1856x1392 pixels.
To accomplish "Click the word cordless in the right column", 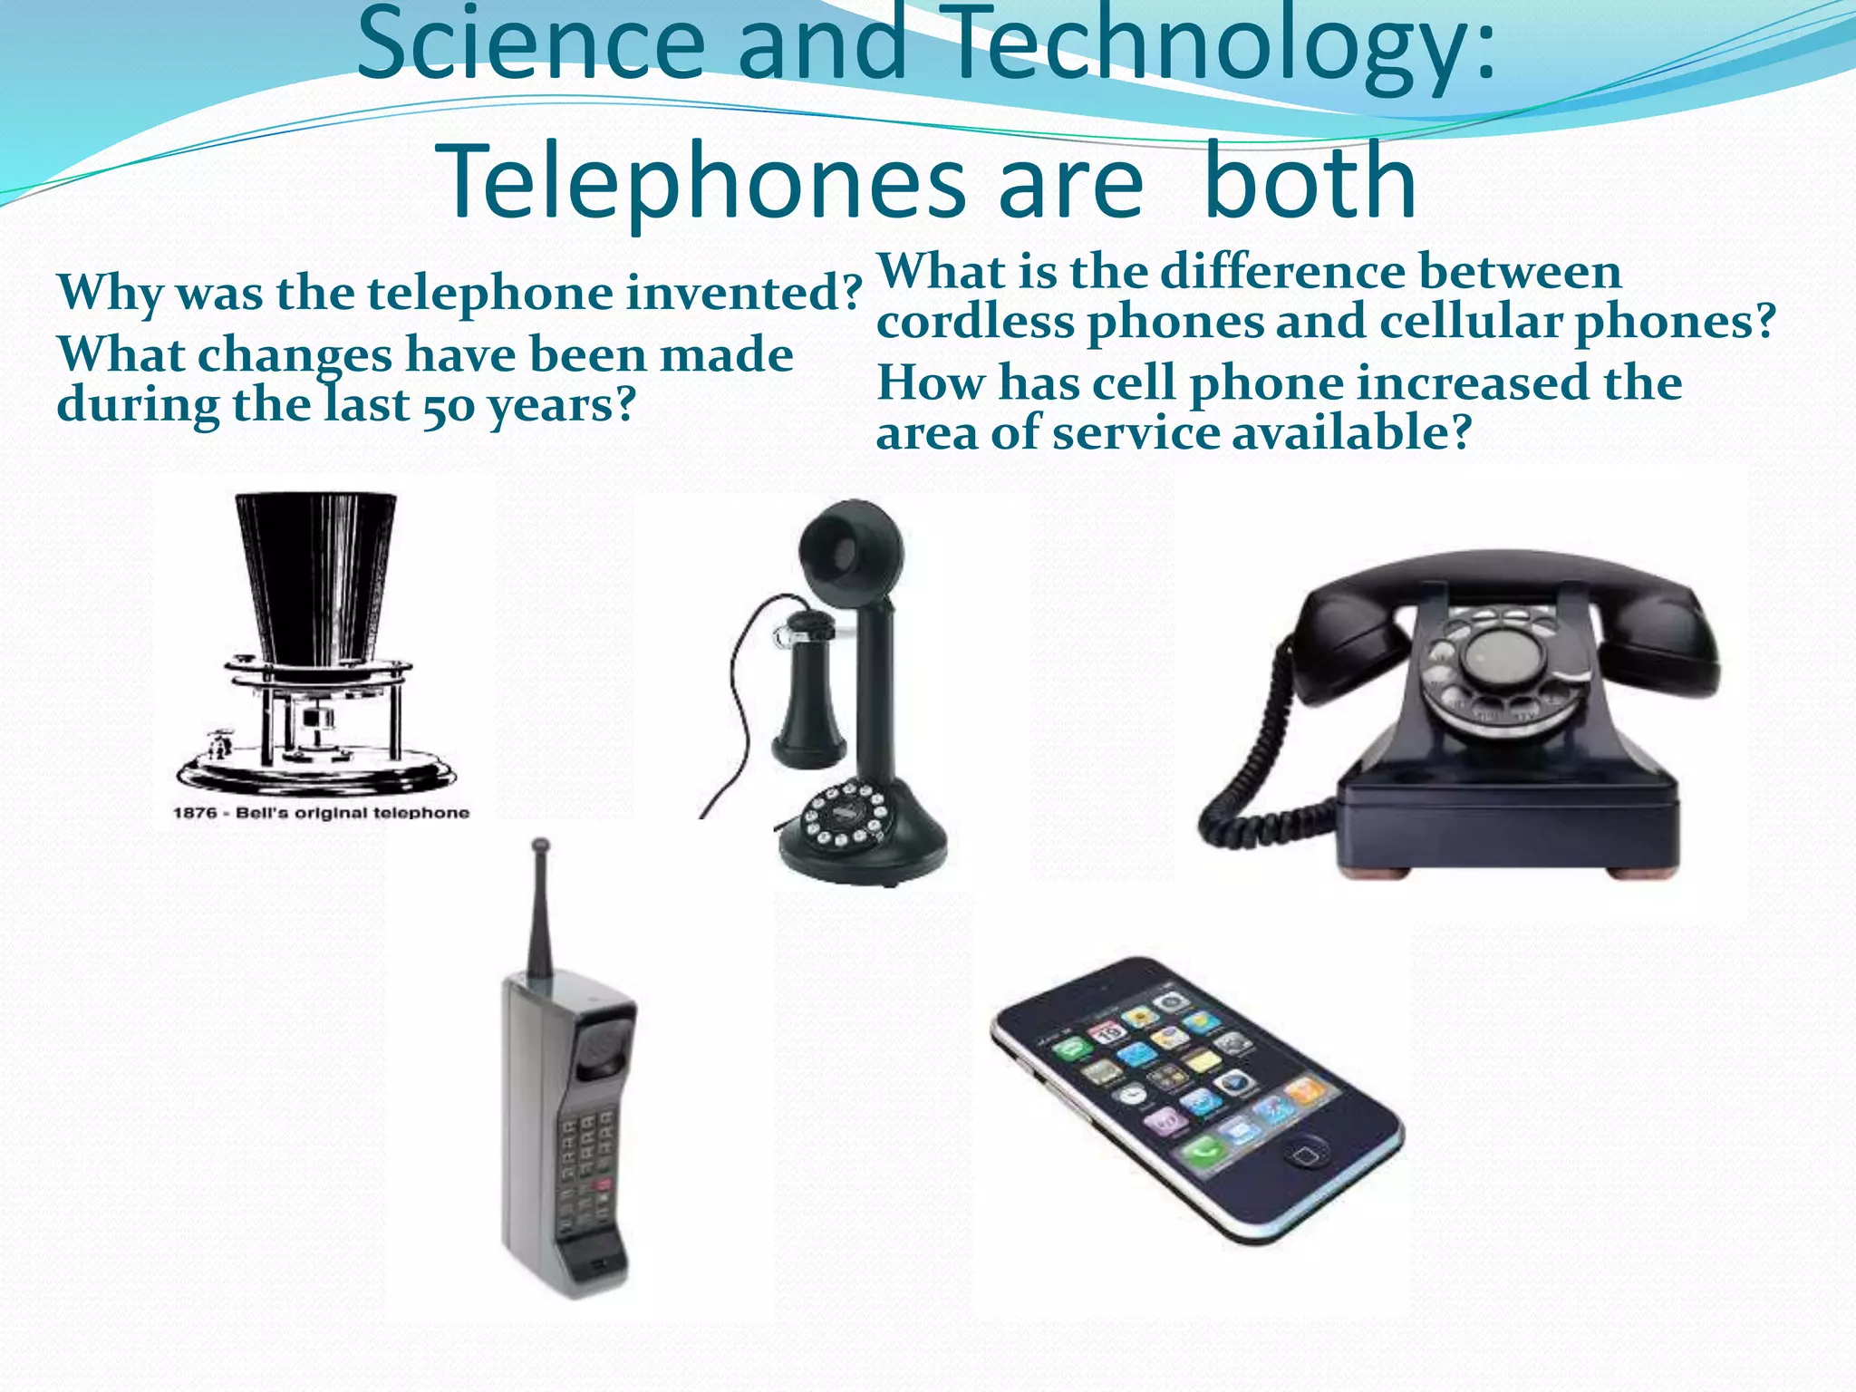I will [x=975, y=322].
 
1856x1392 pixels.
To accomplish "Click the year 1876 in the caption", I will [x=196, y=813].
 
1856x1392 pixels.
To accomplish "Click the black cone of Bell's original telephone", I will [x=314, y=571].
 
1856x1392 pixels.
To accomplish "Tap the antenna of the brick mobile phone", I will [x=540, y=906].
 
